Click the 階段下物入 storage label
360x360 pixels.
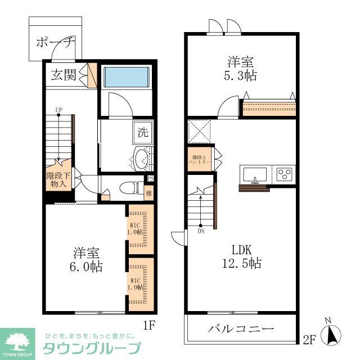pos(57,179)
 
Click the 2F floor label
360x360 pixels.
pos(309,339)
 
